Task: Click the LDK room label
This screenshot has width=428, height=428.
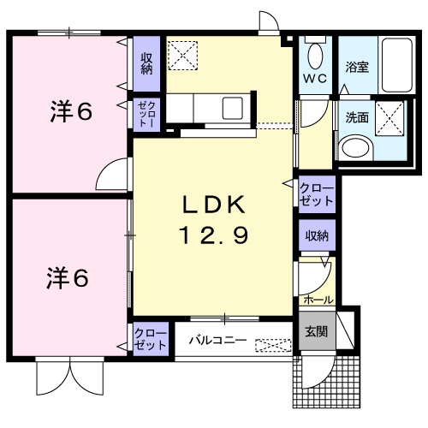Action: (214, 205)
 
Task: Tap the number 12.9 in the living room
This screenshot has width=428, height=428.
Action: (213, 235)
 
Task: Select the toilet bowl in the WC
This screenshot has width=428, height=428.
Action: (315, 56)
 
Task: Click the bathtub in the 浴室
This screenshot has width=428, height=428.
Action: (397, 65)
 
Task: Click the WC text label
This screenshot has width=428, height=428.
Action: (315, 78)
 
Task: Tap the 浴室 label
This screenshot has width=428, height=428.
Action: (357, 68)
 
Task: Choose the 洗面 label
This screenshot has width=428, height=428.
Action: (357, 117)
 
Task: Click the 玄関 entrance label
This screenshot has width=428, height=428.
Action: (317, 331)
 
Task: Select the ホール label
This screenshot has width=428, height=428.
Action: (318, 300)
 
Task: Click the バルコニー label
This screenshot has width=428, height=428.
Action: (218, 340)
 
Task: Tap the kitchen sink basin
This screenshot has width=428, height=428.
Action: (233, 108)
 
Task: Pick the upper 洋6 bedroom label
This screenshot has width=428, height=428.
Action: (71, 111)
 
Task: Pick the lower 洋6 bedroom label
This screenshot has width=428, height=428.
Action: (68, 278)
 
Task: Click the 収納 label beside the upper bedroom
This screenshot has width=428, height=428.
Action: (146, 63)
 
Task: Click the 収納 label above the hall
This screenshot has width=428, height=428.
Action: (317, 235)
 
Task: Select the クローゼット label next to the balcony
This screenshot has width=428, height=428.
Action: (151, 339)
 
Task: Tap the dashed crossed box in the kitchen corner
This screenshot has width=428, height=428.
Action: (182, 56)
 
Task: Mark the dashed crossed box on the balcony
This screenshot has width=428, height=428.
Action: (273, 346)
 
